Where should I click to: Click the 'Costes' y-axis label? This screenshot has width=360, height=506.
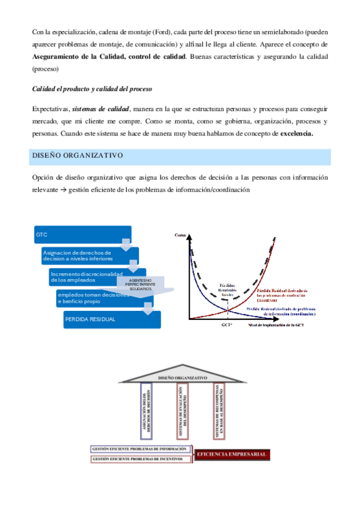pyautogui.click(x=180, y=235)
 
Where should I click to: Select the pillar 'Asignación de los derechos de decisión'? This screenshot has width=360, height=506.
pyautogui.click(x=148, y=412)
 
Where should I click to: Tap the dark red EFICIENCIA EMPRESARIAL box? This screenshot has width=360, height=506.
pyautogui.click(x=232, y=455)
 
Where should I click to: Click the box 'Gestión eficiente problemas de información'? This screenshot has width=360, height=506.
pyautogui.click(x=140, y=449)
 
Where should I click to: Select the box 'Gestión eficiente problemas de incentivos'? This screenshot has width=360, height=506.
pyautogui.click(x=140, y=459)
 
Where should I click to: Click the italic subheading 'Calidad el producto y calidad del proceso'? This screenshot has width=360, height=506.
pyautogui.click(x=91, y=89)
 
